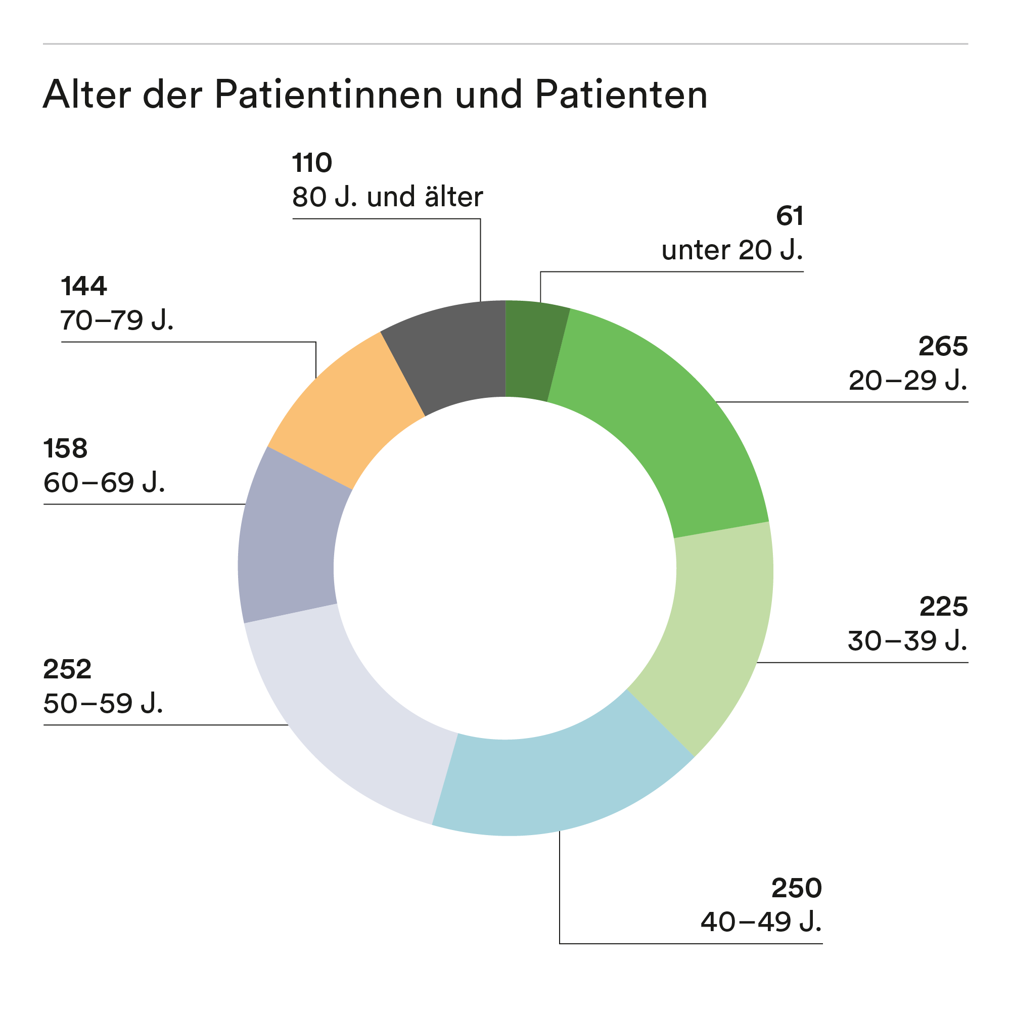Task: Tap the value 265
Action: [943, 346]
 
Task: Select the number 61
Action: [790, 216]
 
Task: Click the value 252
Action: [68, 669]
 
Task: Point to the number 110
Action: [312, 163]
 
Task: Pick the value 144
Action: [84, 286]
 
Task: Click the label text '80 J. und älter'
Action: [387, 197]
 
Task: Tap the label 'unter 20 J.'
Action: [732, 250]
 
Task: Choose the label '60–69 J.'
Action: [104, 482]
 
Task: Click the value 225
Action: [943, 607]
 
